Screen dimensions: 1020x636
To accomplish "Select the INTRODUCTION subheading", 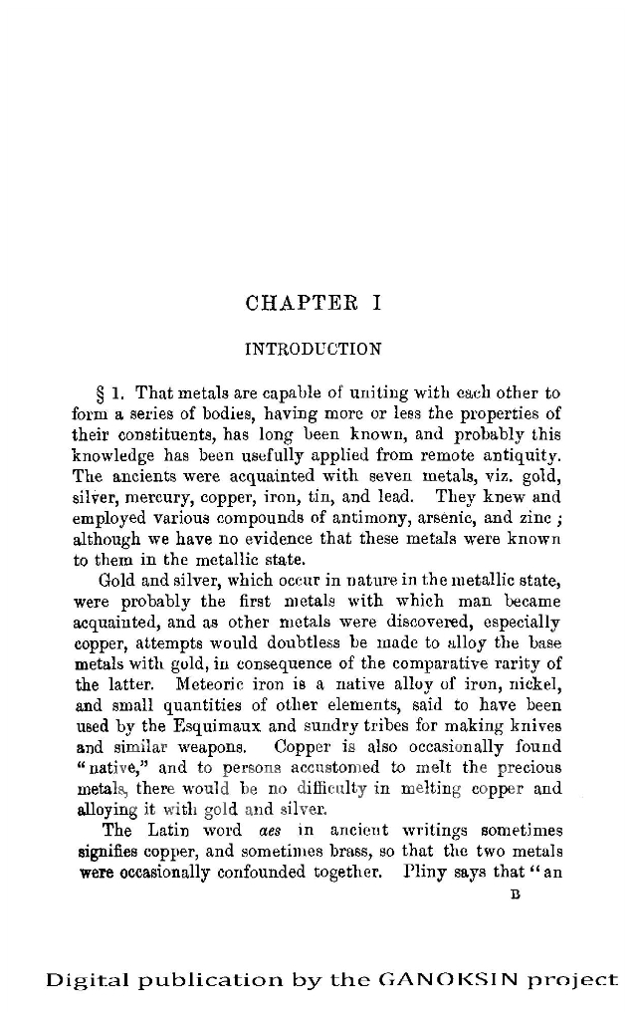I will [x=313, y=349].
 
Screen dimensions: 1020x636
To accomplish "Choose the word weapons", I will [x=212, y=747].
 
